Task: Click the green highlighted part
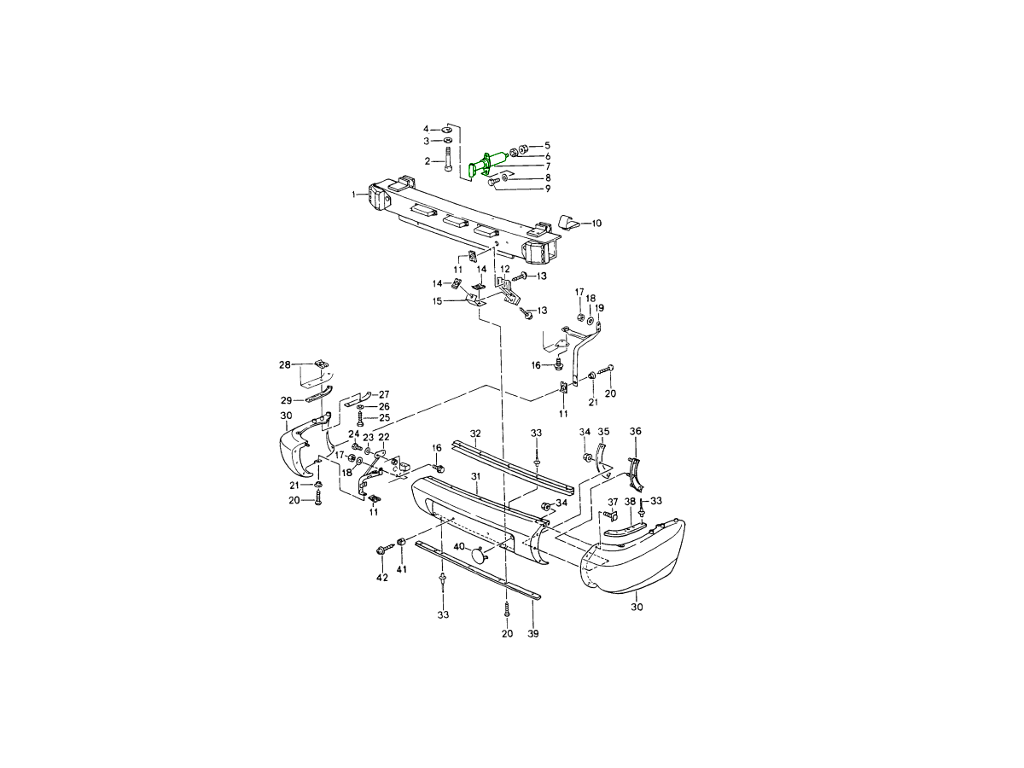point(486,163)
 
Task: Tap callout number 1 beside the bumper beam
point(354,194)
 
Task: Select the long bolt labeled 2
point(448,160)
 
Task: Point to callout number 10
point(596,224)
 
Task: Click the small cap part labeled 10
point(569,223)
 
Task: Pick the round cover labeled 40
point(479,556)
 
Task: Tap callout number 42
point(382,579)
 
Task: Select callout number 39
point(532,633)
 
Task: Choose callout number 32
point(475,433)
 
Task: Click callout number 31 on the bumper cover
point(475,476)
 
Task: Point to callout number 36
point(636,431)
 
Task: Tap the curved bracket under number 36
point(636,474)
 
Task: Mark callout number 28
point(284,364)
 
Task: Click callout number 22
point(383,437)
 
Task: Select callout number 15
point(437,301)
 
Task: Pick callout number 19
point(600,308)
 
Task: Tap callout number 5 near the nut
point(547,145)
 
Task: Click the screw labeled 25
point(360,418)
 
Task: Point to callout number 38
point(630,502)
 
